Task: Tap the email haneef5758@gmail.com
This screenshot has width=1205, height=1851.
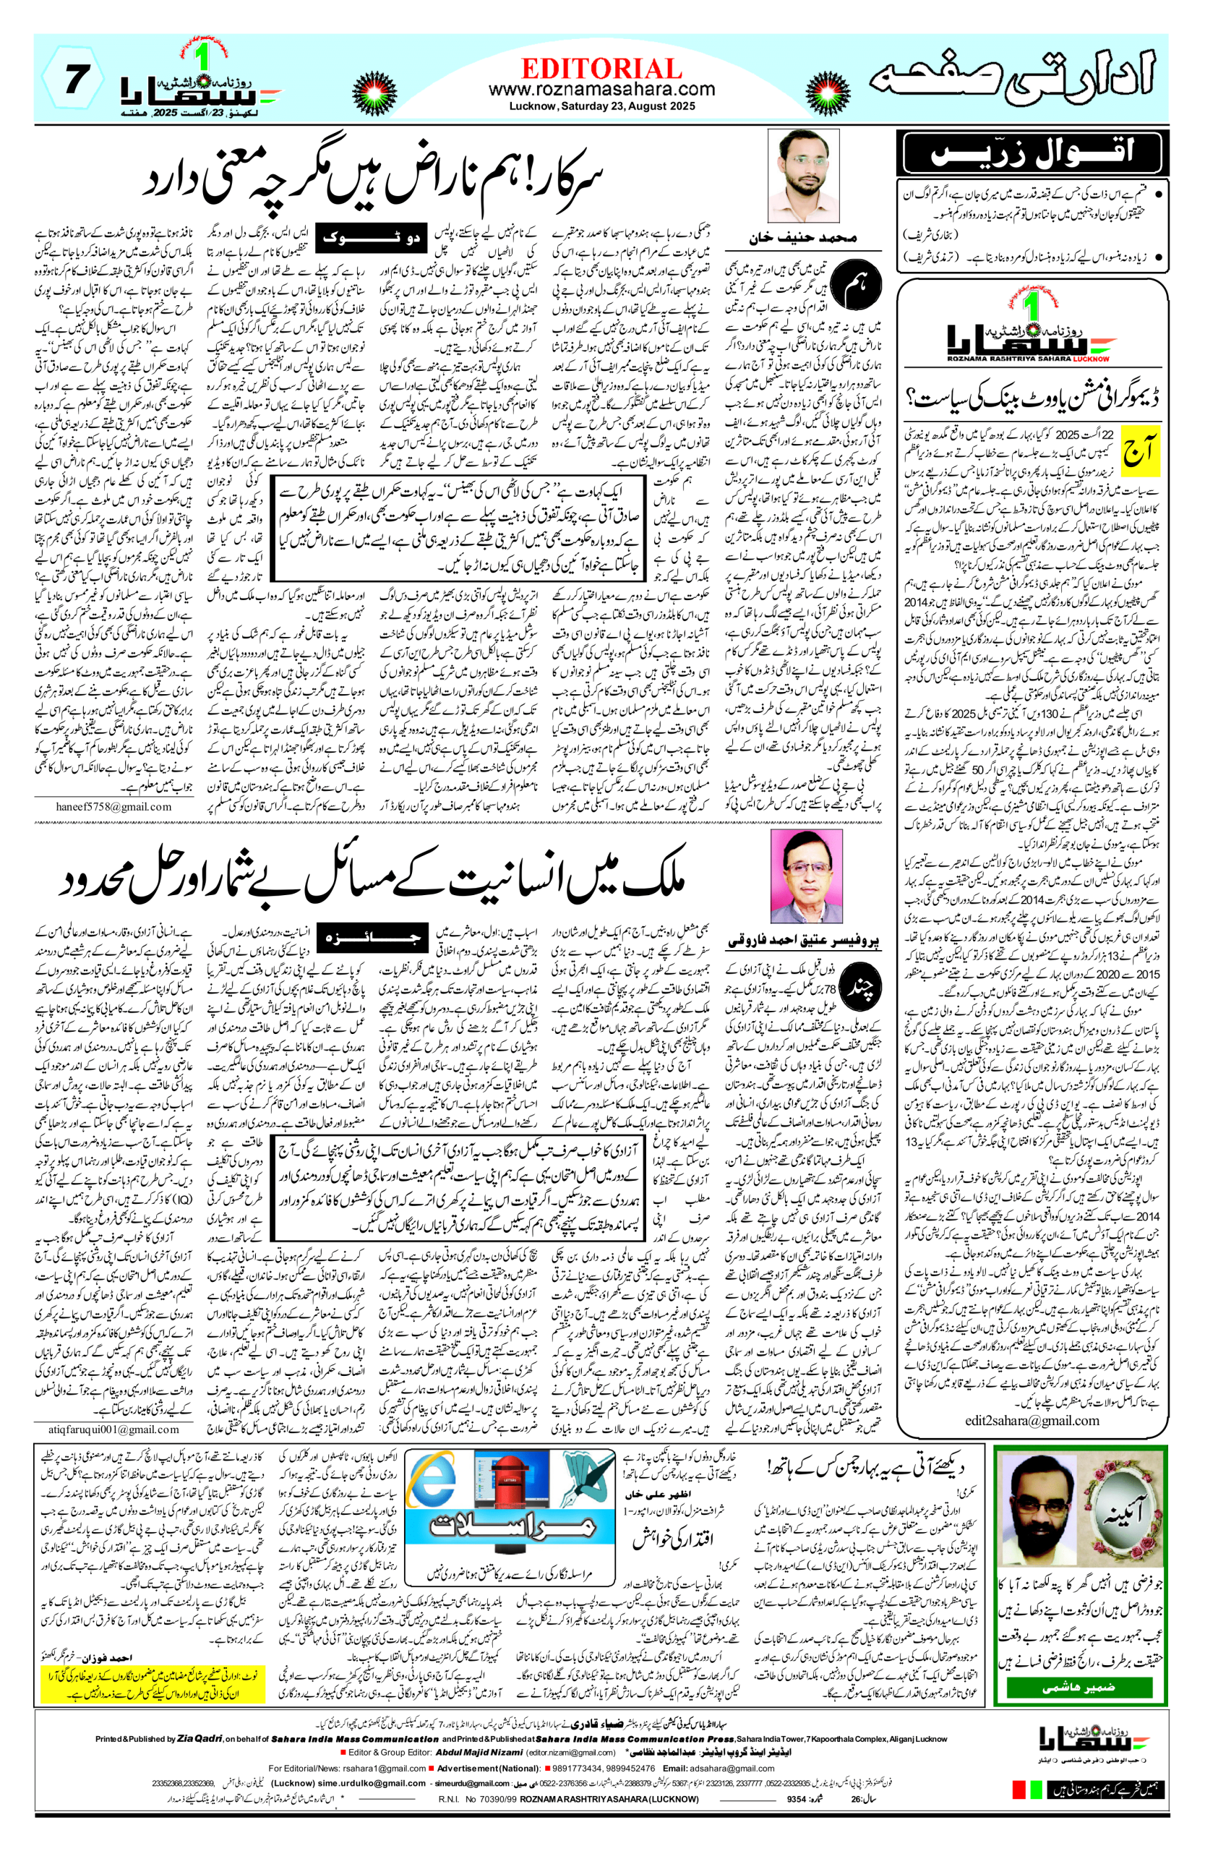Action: [113, 806]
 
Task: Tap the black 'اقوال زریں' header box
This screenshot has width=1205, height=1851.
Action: [1030, 153]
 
